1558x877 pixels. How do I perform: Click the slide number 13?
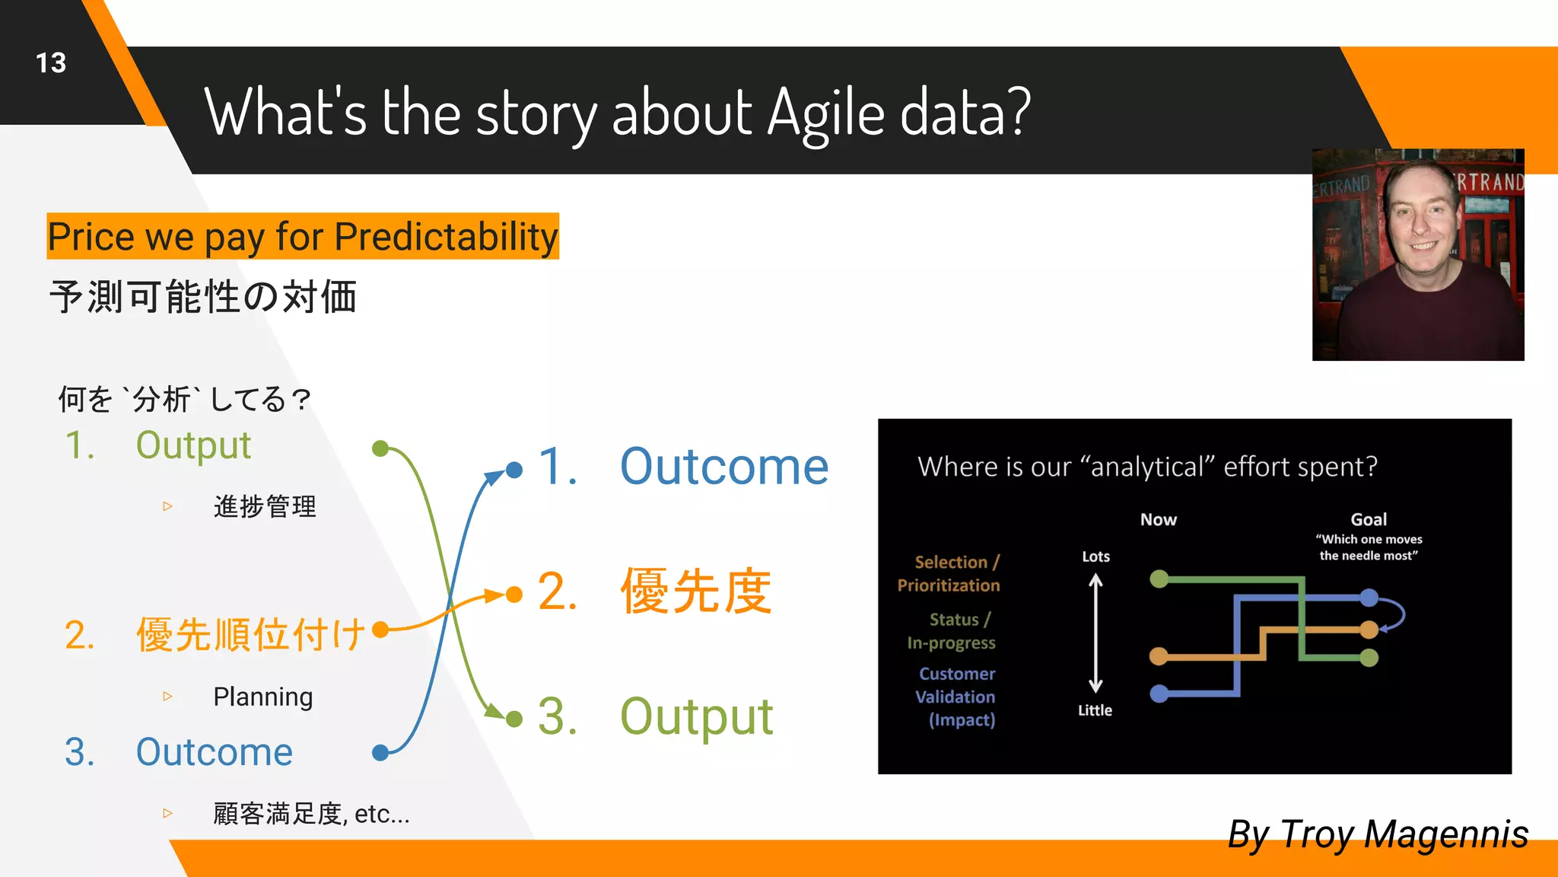51,62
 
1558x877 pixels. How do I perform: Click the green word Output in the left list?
193,445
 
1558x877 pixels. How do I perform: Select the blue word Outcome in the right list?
723,467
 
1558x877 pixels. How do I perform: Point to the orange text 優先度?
696,592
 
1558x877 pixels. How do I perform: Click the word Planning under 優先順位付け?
262,697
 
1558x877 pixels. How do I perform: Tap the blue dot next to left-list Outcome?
380,753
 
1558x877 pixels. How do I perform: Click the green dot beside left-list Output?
380,448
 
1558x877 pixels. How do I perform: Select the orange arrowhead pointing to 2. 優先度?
495,595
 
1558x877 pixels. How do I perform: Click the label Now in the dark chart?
1158,520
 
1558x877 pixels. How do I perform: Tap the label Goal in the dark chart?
1369,520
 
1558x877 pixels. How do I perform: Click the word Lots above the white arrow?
1095,556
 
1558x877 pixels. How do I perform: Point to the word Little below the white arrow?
1095,710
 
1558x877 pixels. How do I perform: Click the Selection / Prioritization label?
949,573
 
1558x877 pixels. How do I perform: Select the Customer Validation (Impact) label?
956,697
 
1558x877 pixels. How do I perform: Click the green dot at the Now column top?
1159,579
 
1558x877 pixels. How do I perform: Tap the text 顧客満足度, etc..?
311,814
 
